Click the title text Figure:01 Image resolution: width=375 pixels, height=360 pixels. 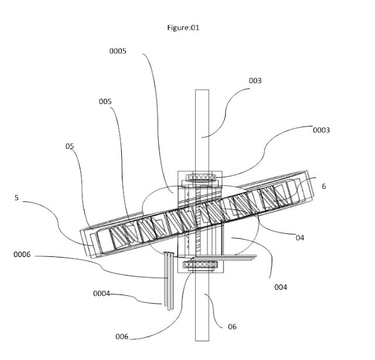pyautogui.click(x=183, y=28)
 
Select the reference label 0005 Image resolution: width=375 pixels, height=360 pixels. pyautogui.click(x=118, y=51)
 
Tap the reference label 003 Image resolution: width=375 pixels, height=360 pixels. pyautogui.click(x=255, y=81)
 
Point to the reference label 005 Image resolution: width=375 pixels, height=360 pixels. pyautogui.click(x=105, y=101)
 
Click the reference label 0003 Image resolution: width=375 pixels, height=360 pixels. pyautogui.click(x=321, y=130)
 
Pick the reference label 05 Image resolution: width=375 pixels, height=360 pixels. pyautogui.click(x=70, y=146)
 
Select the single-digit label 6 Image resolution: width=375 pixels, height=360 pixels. pyautogui.click(x=324, y=186)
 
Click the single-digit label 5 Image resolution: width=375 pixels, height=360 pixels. pyautogui.click(x=16, y=198)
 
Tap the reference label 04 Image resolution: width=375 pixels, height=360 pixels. pyautogui.click(x=300, y=238)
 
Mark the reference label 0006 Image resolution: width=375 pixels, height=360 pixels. pyautogui.click(x=22, y=255)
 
